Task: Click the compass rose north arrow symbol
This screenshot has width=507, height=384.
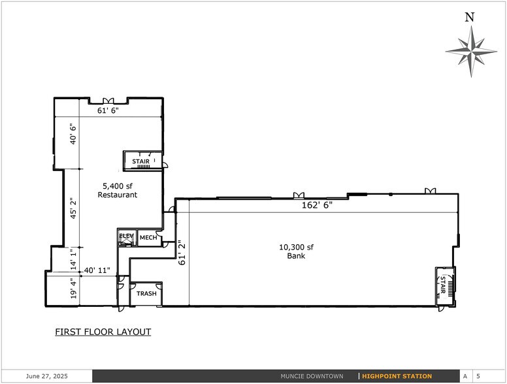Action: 470,51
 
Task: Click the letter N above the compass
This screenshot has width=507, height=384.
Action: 469,18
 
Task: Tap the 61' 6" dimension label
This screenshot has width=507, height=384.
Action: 108,111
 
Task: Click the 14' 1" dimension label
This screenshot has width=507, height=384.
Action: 74,259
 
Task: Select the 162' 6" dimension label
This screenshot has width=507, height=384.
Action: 318,205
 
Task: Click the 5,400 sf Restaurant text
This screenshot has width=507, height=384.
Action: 117,190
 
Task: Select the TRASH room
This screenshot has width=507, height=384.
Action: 146,294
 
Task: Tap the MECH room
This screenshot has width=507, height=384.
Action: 148,238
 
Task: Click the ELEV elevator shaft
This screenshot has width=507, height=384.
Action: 126,238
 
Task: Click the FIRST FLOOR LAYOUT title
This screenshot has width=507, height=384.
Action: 103,332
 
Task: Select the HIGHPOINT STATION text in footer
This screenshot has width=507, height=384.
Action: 397,376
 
